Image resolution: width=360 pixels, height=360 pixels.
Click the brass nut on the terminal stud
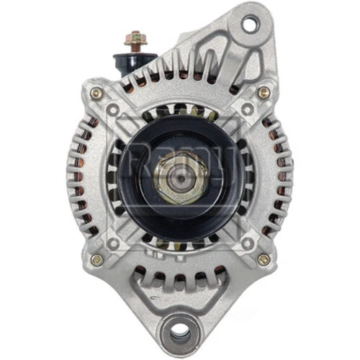point(135,36)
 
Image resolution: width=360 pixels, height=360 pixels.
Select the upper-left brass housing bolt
point(95,93)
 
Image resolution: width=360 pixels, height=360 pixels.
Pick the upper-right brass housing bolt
point(264,93)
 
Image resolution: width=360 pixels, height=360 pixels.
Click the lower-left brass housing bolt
point(95,259)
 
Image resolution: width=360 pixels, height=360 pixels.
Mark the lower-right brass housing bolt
point(264,259)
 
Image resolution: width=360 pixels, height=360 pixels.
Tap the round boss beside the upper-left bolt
point(112,109)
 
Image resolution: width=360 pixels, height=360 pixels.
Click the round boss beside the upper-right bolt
point(247,109)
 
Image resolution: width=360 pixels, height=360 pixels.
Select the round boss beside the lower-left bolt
point(112,243)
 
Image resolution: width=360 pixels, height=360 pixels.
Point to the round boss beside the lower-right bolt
point(247,243)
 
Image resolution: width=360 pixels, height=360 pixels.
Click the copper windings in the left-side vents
point(79,176)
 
